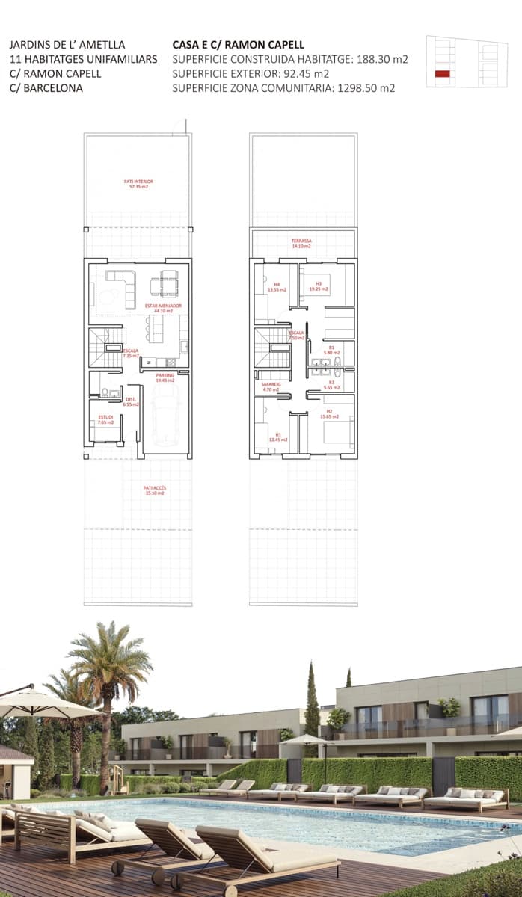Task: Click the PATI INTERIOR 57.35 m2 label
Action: [138, 183]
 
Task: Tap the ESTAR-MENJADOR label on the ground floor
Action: [163, 307]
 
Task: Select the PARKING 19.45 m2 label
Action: [165, 377]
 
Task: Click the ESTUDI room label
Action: [105, 419]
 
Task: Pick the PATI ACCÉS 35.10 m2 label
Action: [155, 490]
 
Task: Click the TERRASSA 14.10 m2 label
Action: [302, 244]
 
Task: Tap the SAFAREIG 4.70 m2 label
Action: [270, 387]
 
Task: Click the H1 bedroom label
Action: [278, 438]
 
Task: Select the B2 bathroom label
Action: [331, 385]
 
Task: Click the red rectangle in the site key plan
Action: [442, 73]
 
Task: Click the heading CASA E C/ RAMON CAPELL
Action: [238, 45]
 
